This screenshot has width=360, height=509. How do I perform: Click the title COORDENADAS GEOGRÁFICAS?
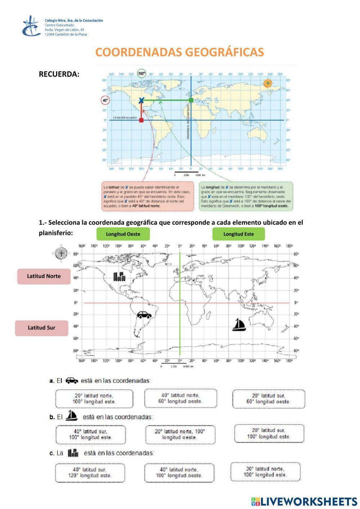(x=180, y=52)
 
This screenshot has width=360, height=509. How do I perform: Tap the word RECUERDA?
(x=59, y=74)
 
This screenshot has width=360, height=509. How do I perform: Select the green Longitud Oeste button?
(x=123, y=234)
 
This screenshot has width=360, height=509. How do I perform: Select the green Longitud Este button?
(x=238, y=234)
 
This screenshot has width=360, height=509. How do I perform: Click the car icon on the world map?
(x=144, y=315)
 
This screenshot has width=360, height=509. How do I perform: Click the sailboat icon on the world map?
(x=238, y=325)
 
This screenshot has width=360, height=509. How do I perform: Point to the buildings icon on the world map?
(x=120, y=276)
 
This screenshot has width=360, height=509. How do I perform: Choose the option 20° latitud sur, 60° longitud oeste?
(x=269, y=399)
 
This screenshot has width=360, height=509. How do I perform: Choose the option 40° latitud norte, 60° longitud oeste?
(x=180, y=398)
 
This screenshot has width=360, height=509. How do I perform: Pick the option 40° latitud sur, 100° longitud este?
(x=91, y=434)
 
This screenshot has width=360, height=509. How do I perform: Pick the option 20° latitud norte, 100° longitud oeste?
(x=180, y=434)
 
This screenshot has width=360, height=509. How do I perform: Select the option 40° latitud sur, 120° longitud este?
(x=90, y=473)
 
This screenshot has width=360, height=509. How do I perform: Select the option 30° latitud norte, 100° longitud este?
(x=265, y=472)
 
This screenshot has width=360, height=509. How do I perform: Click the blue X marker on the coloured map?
(x=141, y=100)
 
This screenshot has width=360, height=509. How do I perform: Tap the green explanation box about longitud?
(x=246, y=196)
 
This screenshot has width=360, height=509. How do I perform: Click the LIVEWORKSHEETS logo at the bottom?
(x=304, y=501)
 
